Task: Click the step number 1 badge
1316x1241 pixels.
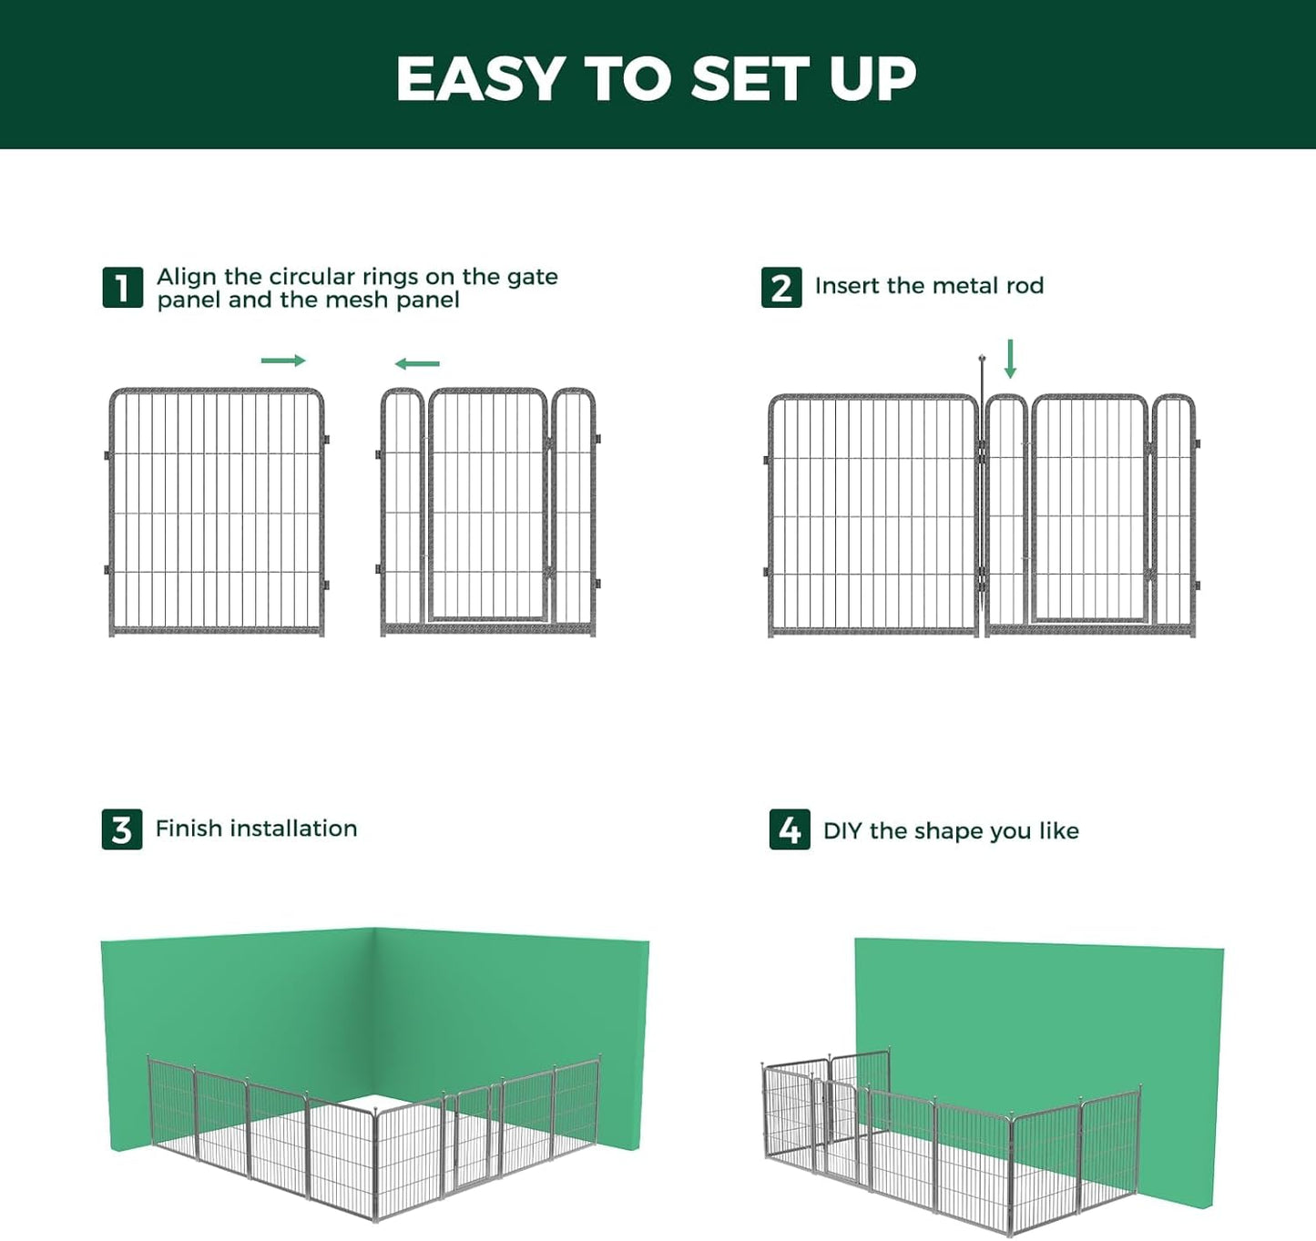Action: [x=122, y=288]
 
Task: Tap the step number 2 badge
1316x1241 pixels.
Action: [x=781, y=288]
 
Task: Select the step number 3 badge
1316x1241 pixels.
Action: [x=122, y=829]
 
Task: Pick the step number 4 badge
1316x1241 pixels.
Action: [x=790, y=829]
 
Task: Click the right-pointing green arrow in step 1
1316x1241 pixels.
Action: [x=283, y=361]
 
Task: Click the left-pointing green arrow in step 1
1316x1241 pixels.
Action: [x=417, y=364]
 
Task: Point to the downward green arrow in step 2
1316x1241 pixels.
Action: [x=1010, y=359]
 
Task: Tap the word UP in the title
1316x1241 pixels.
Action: [x=872, y=79]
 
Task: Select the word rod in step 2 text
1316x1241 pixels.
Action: [x=1025, y=286]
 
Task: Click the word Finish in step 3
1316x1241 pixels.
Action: [x=189, y=829]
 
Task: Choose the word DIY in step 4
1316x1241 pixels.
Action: [x=842, y=831]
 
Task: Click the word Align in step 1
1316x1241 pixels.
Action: [x=187, y=277]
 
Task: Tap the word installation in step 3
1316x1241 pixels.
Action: [x=293, y=829]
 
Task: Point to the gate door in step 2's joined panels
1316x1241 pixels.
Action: [x=1090, y=510]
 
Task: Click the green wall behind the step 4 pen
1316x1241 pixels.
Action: [x=1038, y=1011]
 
